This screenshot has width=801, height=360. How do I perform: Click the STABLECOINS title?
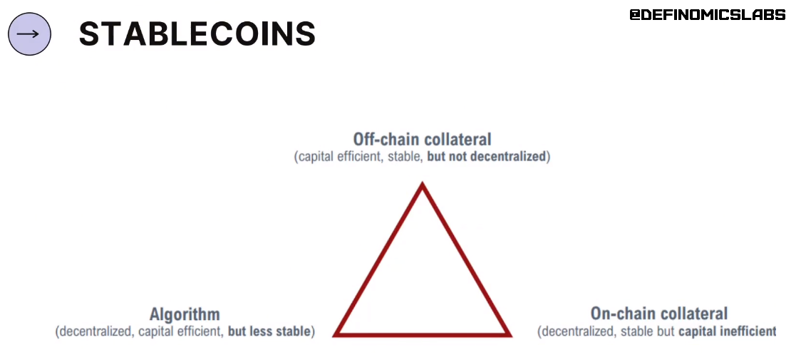tap(197, 34)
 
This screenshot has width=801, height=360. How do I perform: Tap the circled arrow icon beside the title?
tap(30, 34)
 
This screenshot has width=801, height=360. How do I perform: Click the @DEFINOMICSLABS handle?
tap(708, 15)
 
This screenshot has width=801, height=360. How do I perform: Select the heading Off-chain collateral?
tap(422, 139)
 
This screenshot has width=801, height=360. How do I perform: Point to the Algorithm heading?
tap(185, 314)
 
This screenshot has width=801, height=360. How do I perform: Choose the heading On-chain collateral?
tap(659, 313)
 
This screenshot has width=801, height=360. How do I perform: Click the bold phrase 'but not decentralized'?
tap(487, 157)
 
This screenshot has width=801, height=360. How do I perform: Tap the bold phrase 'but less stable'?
tap(269, 331)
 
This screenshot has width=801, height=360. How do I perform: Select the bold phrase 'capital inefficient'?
tap(728, 331)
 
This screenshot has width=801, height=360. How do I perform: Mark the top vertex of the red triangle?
tap(423, 182)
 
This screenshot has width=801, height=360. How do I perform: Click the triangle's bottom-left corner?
tap(334, 336)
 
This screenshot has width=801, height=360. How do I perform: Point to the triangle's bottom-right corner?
tap(511, 336)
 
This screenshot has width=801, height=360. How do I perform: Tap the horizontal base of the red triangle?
tap(423, 335)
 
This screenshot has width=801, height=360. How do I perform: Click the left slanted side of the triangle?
tap(378, 259)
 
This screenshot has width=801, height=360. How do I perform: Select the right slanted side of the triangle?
tap(467, 259)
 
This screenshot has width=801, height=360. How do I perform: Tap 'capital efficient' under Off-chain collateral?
tap(340, 157)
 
